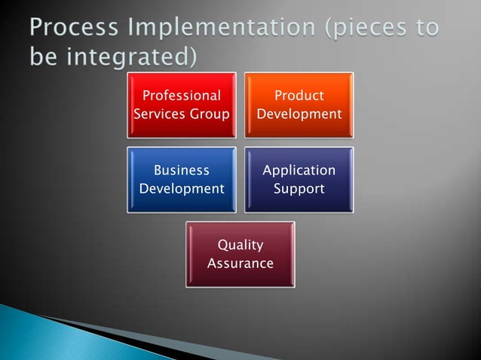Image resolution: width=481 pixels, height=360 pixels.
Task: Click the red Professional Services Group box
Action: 181,105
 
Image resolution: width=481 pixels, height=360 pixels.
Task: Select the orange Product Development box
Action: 299,105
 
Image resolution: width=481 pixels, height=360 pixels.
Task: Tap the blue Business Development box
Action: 181,179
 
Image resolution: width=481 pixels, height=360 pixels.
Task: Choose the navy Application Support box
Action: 299,179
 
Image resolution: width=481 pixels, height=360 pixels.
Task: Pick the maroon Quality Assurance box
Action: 240,254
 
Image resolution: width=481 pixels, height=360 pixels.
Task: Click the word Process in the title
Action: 71,29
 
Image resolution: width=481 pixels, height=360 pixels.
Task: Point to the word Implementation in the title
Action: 219,29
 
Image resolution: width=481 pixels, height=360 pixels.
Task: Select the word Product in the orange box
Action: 299,96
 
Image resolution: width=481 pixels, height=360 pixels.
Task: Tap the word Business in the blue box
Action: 181,170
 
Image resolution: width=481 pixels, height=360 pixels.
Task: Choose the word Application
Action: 299,170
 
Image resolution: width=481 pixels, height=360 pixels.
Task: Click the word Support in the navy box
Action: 299,188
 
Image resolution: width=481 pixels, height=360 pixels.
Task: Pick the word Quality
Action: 240,245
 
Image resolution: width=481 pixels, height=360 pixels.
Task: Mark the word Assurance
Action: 240,264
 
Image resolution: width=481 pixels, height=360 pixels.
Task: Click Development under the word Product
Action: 299,114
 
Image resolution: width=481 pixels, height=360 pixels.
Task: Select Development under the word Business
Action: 181,188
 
